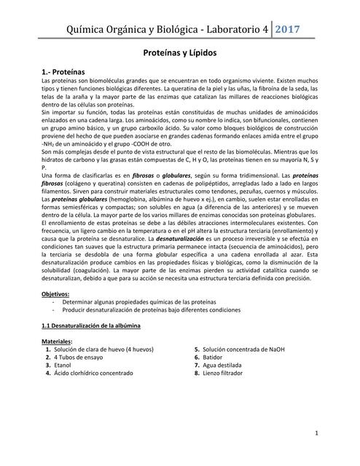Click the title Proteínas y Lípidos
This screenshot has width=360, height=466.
[180, 54]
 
